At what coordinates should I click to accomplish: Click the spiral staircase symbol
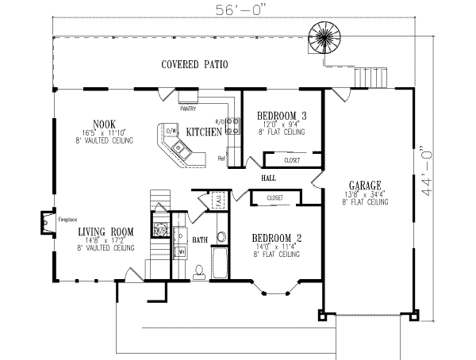coord(324,36)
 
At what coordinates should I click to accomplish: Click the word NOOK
coord(104,123)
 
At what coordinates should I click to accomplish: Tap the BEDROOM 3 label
coord(282,116)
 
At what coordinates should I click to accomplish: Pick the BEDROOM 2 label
coord(275,237)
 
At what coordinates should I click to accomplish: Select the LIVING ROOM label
coord(105,232)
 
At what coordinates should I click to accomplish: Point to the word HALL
coord(267,179)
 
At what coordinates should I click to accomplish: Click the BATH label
coord(201,237)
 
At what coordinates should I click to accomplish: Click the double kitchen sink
coord(179,148)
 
